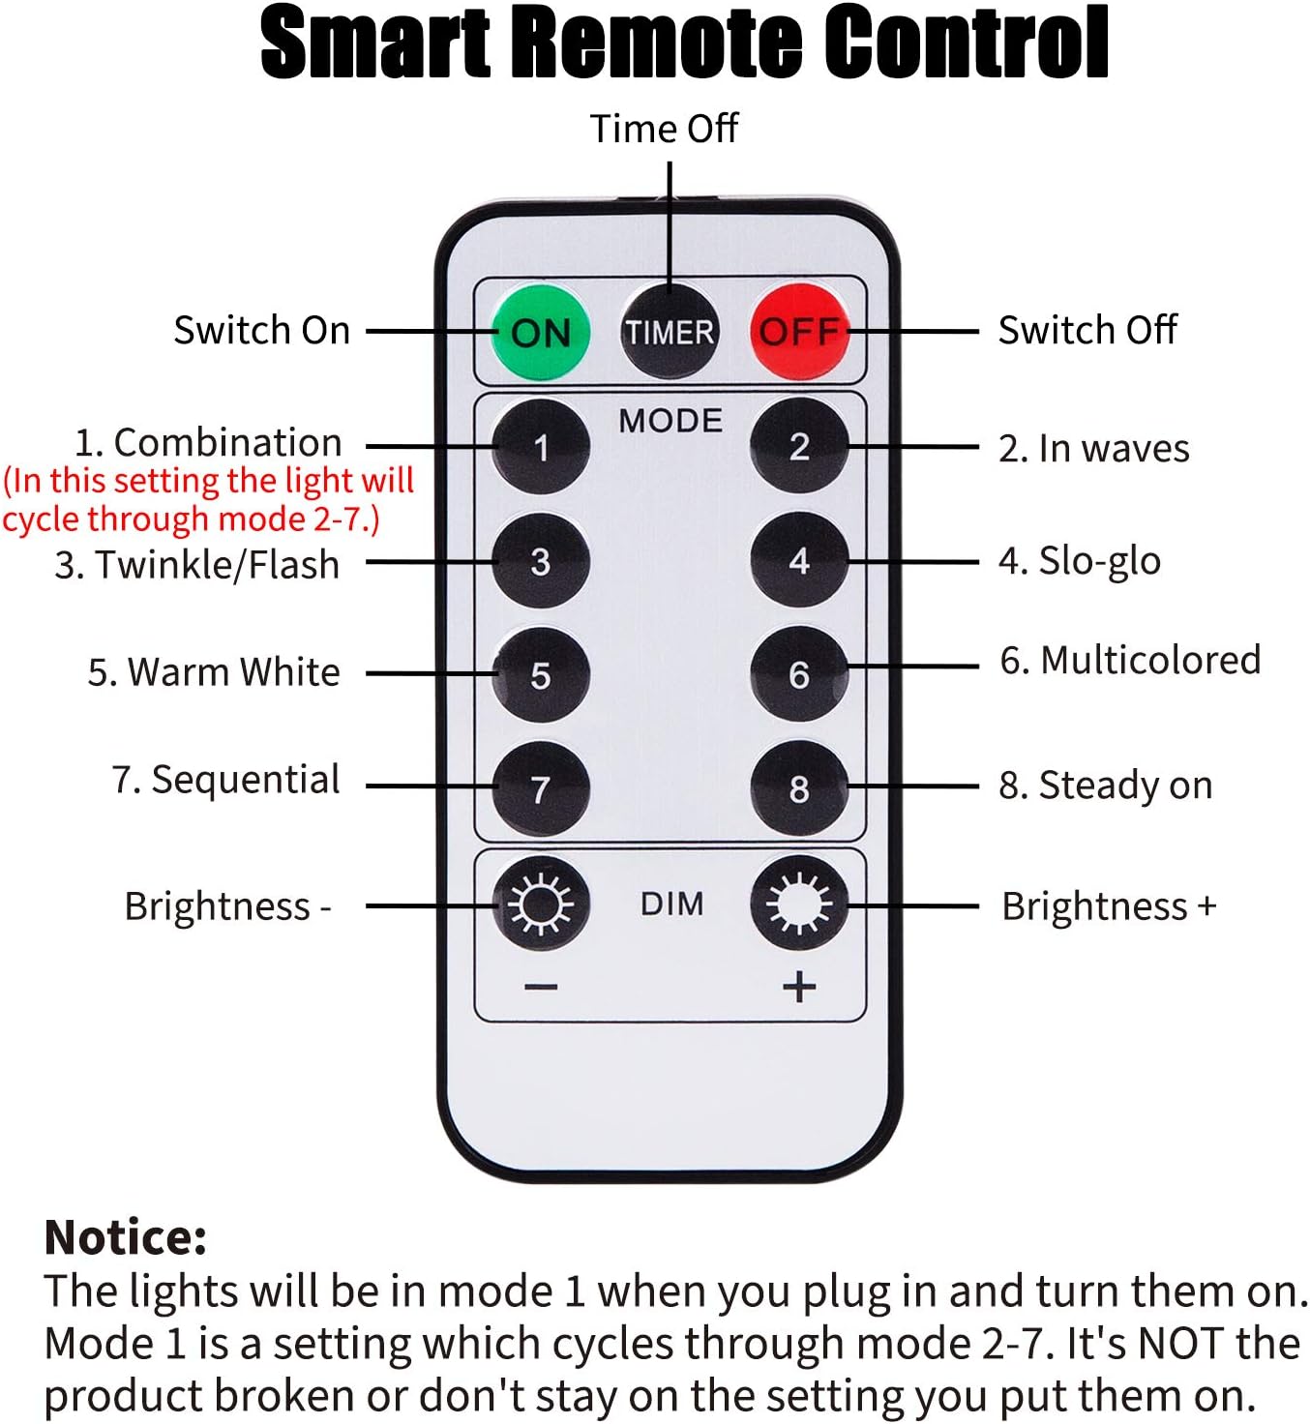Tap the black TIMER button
pos(670,332)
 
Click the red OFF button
pos(799,332)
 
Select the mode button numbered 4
pos(799,560)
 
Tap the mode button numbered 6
pos(799,673)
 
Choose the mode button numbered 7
pos(541,788)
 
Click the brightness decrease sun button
pos(541,904)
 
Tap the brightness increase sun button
pos(799,904)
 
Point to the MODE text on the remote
pos(670,420)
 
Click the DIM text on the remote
pos(671,905)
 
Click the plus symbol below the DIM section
pos(799,987)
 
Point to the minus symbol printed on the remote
pos(541,987)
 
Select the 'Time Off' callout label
pos(664,129)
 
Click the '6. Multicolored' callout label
pos(1130,660)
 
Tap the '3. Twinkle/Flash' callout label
pos(197,565)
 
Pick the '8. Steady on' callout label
pos(1106,786)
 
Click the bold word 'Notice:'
pos(126,1237)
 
